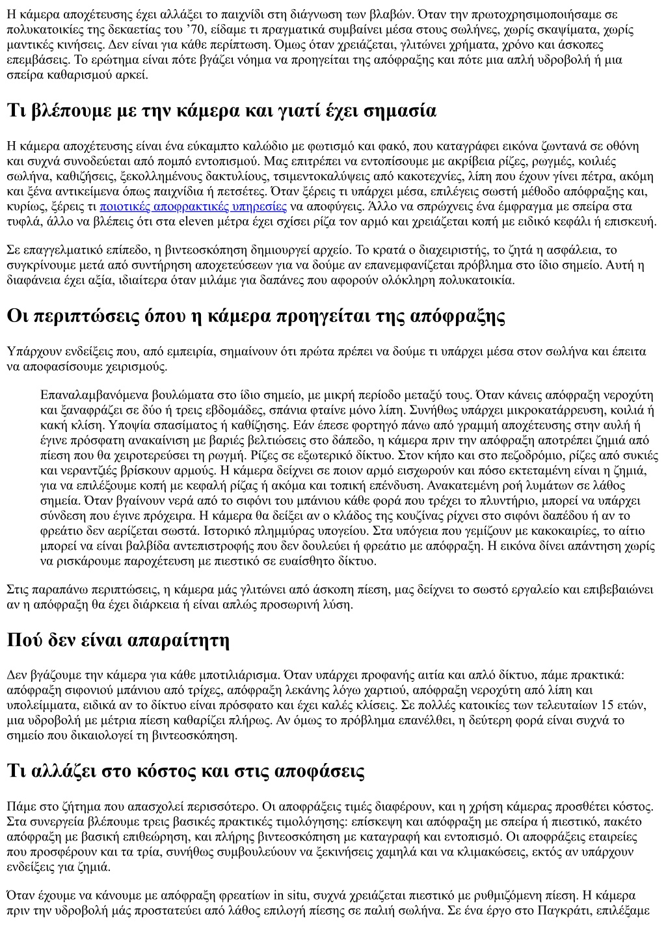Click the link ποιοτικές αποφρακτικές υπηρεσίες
coord(193,207)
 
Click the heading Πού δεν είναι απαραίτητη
coord(118,640)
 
